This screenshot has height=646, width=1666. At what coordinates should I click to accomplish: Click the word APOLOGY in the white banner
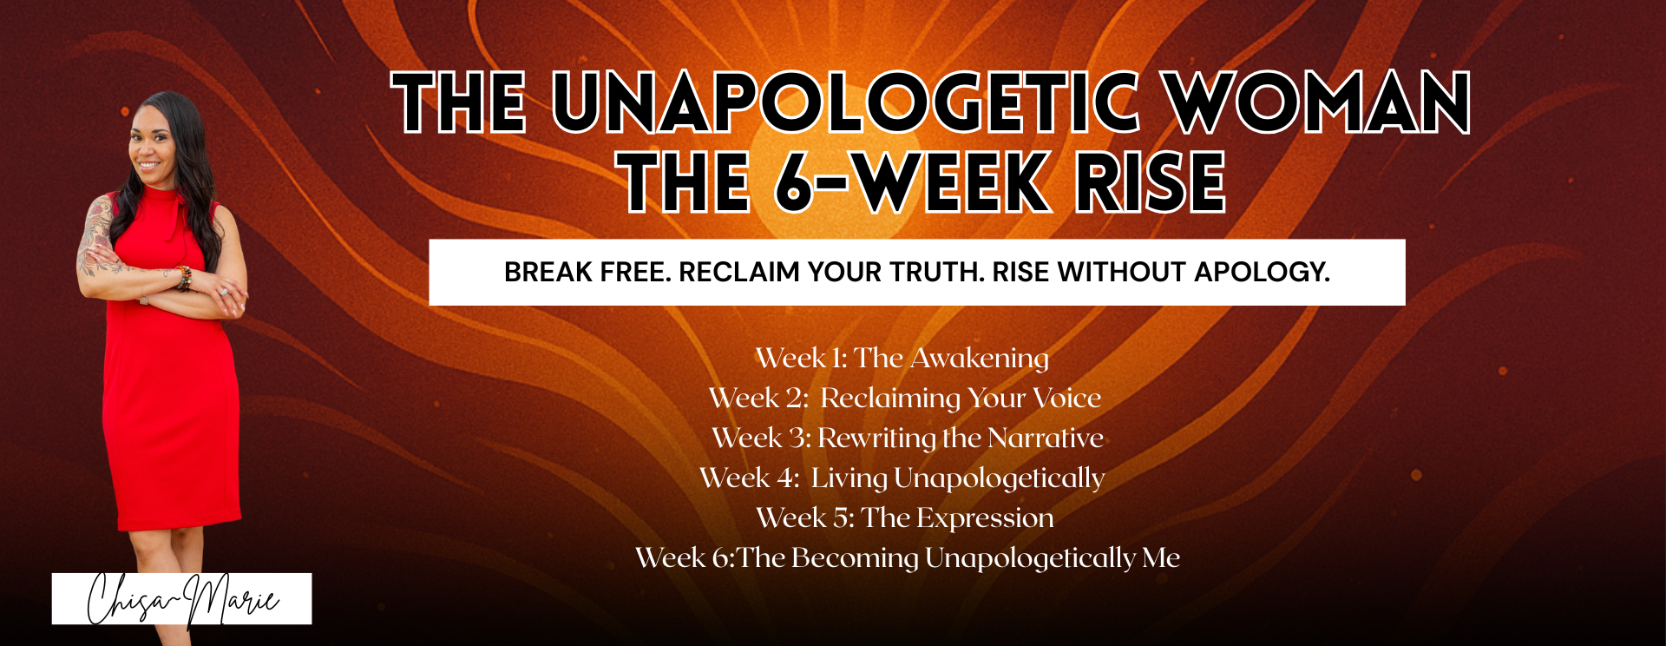1263,272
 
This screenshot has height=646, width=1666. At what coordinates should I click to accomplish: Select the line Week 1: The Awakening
902,358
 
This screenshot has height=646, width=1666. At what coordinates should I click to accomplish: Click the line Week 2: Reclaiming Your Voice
905,398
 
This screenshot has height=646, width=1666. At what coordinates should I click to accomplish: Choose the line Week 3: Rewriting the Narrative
908,438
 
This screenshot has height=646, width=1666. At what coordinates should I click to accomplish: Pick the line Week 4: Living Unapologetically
902,478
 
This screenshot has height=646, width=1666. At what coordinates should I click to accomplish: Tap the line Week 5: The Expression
905,517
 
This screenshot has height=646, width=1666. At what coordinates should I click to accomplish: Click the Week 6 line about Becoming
908,557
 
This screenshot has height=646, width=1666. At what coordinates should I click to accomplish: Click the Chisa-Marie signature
182,599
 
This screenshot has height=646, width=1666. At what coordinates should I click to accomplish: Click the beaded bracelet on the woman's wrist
184,278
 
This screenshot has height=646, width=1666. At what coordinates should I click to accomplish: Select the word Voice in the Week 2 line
1067,398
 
